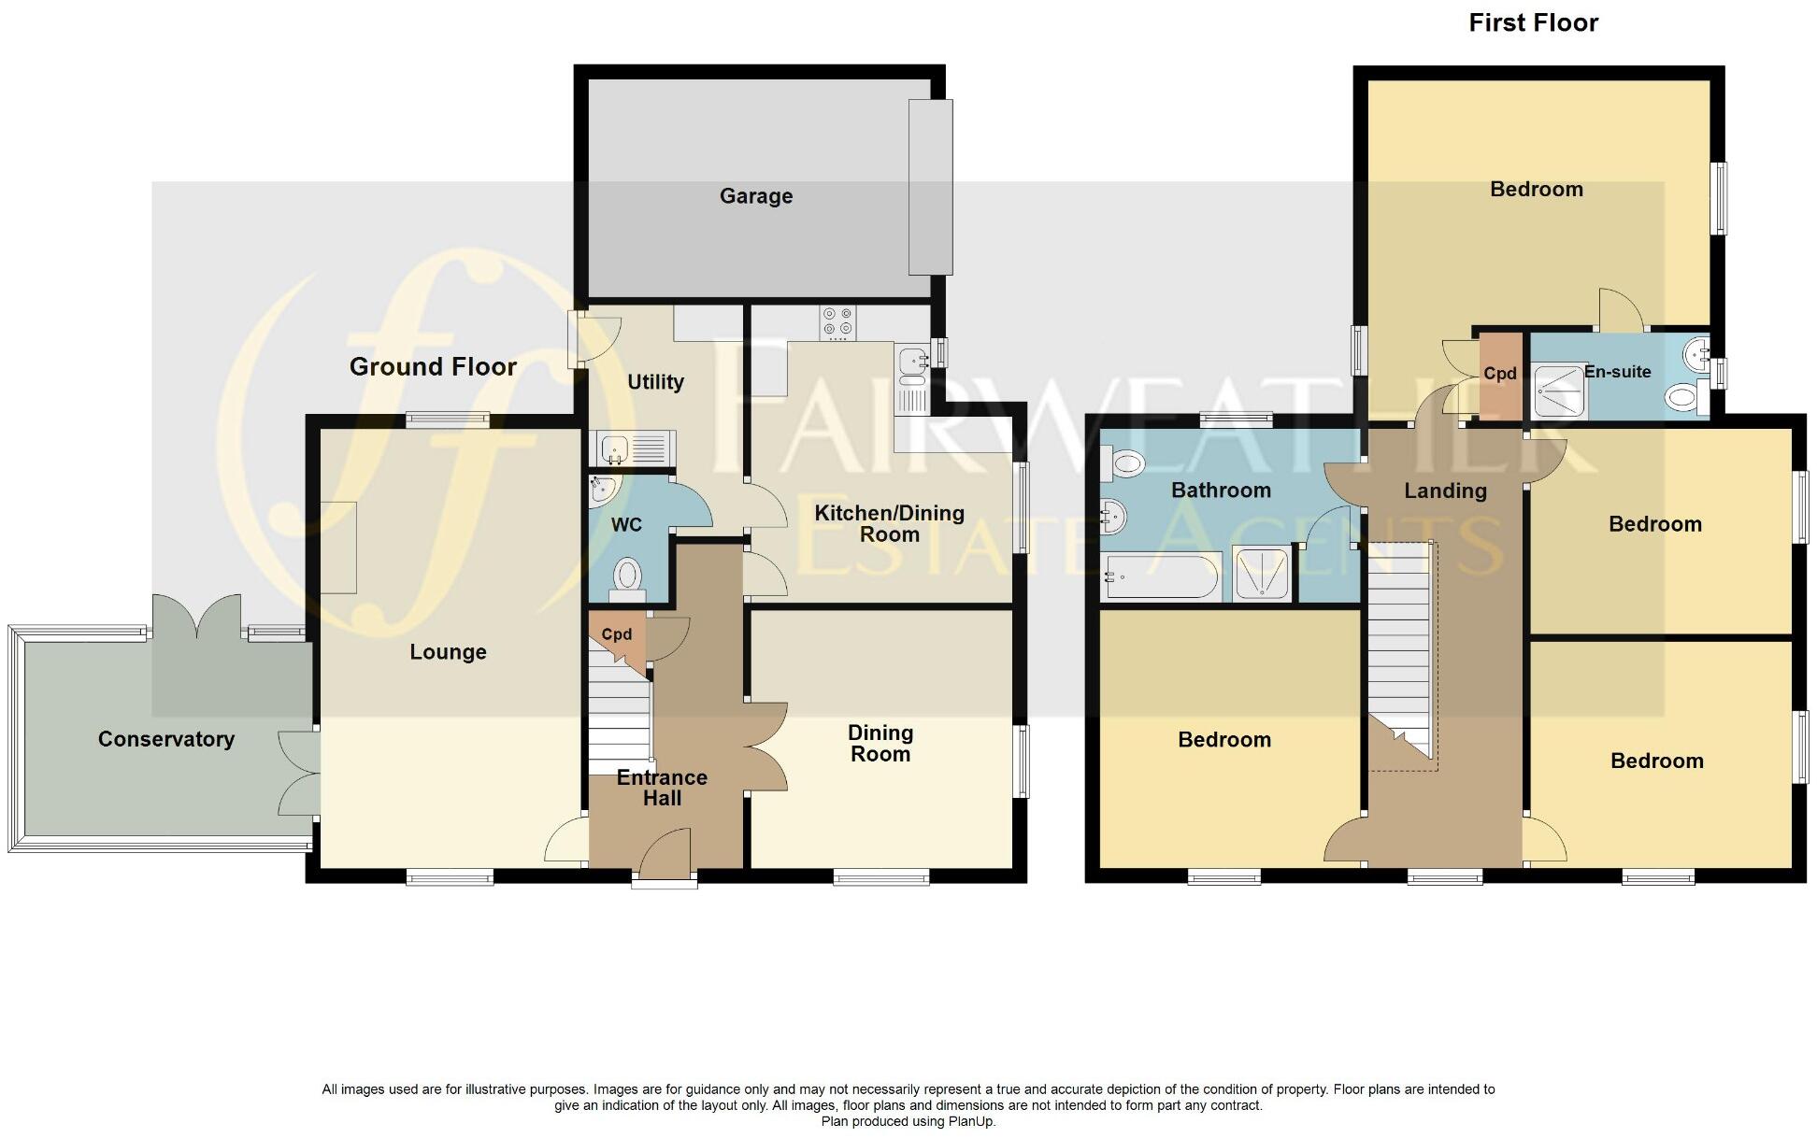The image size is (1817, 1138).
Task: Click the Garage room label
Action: click(756, 196)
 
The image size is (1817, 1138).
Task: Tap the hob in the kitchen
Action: click(837, 323)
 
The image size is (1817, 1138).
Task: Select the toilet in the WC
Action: click(627, 577)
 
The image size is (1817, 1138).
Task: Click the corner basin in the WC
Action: click(603, 488)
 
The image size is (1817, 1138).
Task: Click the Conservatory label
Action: click(166, 739)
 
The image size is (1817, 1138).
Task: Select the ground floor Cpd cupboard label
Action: click(616, 634)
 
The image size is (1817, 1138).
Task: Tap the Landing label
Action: click(1445, 491)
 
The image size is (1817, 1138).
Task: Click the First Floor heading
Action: click(1533, 23)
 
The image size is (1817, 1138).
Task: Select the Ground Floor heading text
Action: click(433, 366)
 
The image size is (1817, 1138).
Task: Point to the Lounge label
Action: click(448, 652)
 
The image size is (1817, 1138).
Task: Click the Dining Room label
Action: click(880, 744)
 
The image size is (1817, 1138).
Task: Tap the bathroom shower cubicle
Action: click(1261, 576)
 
